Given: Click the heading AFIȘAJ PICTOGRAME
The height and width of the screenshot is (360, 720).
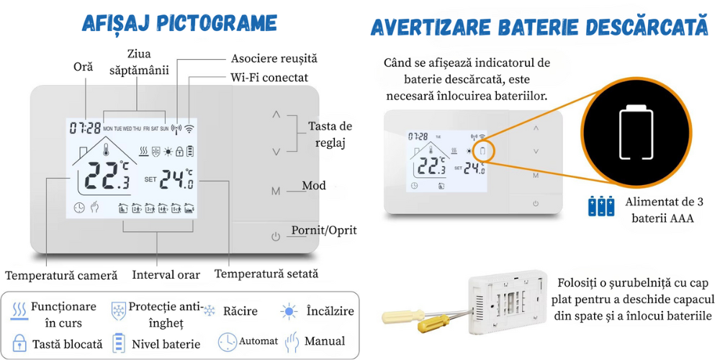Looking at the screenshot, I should tap(180, 23).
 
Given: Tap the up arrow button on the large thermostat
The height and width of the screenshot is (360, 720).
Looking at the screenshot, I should tap(275, 114).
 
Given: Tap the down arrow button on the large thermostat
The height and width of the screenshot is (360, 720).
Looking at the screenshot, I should tap(275, 151).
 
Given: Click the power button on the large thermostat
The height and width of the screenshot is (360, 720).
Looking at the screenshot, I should tap(275, 236).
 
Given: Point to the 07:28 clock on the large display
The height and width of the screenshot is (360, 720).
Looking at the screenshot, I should tap(85, 128).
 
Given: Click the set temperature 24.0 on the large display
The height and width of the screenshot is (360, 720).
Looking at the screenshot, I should tap(176, 179).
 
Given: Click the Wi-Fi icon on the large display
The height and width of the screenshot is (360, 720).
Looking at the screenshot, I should tap(189, 129).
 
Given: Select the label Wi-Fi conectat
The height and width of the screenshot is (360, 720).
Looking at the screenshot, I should tap(269, 77).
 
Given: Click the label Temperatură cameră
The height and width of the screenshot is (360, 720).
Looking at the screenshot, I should tap(61, 275).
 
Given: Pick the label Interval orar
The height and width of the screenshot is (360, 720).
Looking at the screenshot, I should tap(166, 274).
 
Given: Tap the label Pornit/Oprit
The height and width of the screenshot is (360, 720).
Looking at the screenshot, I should tap(323, 230).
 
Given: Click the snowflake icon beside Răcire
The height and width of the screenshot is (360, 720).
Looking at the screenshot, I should tap(210, 311).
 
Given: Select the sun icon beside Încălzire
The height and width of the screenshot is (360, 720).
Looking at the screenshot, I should tap(289, 311).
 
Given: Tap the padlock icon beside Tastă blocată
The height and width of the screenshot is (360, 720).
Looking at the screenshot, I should tap(19, 343).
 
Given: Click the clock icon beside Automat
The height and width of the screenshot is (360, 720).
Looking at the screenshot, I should tap(227, 341).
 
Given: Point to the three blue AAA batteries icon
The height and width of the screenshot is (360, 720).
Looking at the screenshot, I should tap(601, 207).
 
